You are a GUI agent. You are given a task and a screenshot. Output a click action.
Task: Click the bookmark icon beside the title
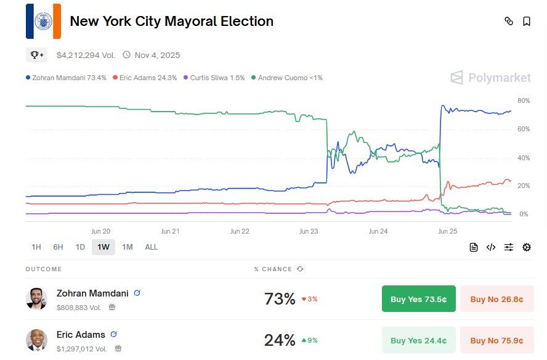click(527, 21)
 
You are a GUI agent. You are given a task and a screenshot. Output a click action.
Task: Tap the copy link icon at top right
click(509, 21)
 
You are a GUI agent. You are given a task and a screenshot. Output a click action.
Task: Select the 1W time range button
click(103, 247)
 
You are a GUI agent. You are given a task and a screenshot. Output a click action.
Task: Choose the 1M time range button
click(128, 247)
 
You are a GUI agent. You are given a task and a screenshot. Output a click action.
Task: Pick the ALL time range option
click(151, 247)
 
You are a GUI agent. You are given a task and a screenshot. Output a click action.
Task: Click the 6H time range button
click(58, 247)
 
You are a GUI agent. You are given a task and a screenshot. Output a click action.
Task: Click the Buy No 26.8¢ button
click(496, 299)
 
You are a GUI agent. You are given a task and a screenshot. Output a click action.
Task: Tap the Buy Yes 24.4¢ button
click(418, 340)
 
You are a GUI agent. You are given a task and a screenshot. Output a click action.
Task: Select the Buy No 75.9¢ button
click(496, 340)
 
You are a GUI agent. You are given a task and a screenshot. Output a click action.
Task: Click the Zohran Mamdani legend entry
click(66, 78)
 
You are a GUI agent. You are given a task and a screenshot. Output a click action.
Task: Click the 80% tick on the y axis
click(523, 100)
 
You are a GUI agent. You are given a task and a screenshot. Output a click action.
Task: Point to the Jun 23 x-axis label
click(309, 232)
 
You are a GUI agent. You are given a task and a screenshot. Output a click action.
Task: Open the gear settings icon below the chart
click(527, 247)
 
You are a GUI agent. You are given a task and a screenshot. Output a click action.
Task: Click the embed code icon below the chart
click(491, 247)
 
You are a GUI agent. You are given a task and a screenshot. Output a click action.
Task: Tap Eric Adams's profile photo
click(36, 340)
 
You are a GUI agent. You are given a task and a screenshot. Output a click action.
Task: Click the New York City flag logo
click(43, 22)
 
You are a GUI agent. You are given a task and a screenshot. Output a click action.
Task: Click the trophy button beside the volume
click(36, 55)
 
